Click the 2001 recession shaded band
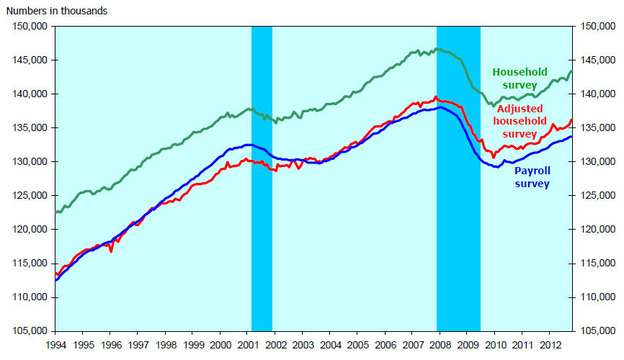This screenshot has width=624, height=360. pos(261,180)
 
